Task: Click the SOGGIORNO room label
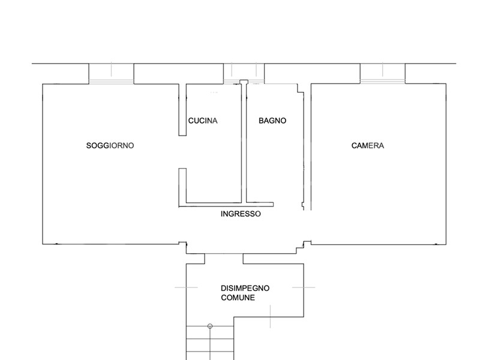(x=110, y=145)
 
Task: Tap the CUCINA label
(x=203, y=121)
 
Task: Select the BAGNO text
(x=272, y=121)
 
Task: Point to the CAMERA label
(x=368, y=145)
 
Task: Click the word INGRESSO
(x=241, y=214)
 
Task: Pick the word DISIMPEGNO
(x=245, y=288)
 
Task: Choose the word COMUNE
(x=238, y=298)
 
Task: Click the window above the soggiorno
(x=111, y=73)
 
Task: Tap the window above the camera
(x=383, y=73)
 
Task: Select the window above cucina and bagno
(x=244, y=73)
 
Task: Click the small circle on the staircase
(x=210, y=326)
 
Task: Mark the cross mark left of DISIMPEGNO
(x=186, y=287)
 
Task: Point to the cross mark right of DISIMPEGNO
(x=304, y=287)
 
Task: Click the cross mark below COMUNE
(x=271, y=317)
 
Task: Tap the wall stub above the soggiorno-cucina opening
(x=182, y=110)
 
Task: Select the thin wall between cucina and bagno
(x=244, y=142)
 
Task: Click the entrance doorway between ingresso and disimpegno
(x=224, y=259)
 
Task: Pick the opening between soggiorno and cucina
(x=182, y=152)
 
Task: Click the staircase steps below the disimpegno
(x=210, y=343)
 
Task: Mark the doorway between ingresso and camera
(x=307, y=226)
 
